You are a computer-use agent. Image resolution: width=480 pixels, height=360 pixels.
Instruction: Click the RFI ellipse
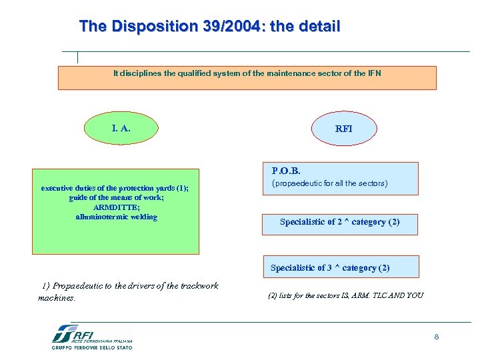pos(344,129)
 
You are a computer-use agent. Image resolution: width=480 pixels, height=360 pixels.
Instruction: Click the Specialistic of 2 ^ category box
pos(339,222)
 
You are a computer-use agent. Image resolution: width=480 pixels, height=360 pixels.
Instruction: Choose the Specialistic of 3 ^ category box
pos(330,267)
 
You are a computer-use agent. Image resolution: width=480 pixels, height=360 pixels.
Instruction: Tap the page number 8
pos(436,337)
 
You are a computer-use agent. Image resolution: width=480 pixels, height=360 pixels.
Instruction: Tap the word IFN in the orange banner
pos(373,73)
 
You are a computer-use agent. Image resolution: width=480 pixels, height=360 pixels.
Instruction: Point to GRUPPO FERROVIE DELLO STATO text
pos(92,347)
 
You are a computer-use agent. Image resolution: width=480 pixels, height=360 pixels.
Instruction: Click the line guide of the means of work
pos(115,198)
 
